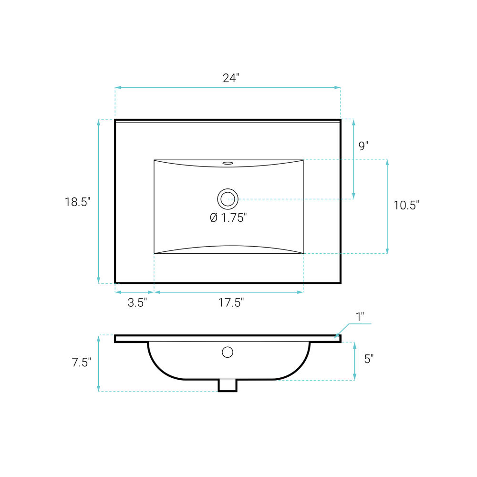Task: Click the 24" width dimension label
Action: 231,78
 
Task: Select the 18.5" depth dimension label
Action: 78,202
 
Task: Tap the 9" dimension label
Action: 363,145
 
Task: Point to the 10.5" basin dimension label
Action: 406,205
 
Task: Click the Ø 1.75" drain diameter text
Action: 228,218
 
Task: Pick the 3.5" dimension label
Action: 137,302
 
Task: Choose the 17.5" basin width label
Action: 231,302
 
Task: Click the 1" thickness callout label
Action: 360,317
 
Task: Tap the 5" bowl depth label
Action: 369,359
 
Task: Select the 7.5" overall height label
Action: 82,363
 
